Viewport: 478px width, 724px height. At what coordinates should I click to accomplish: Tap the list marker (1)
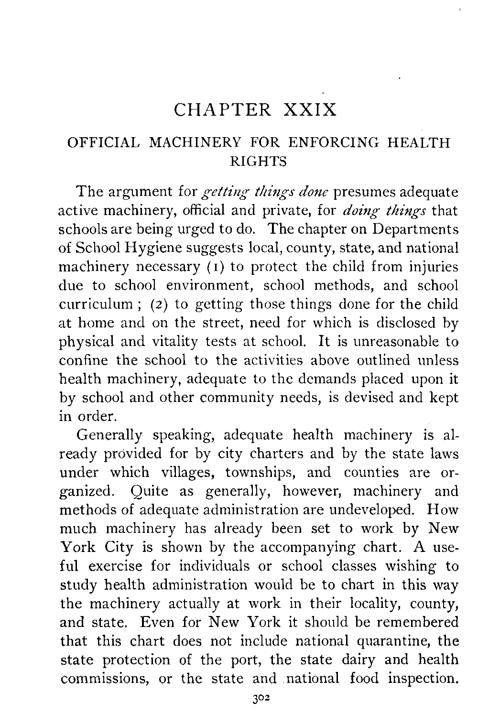[214, 267]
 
